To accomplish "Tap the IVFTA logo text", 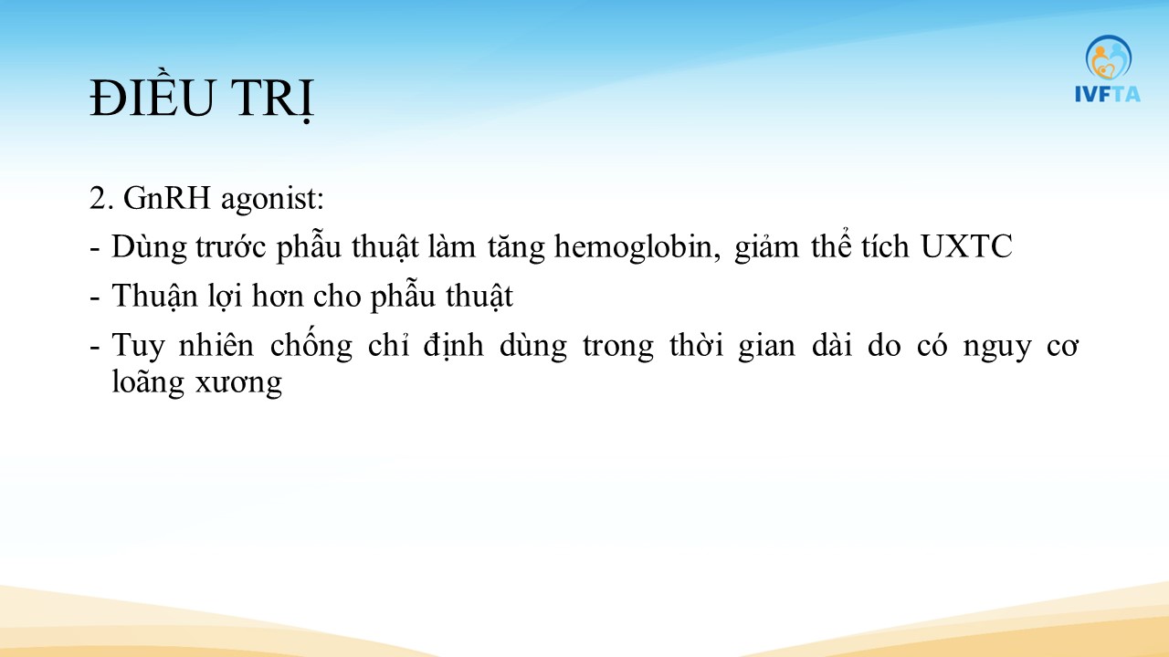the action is (x=1108, y=94).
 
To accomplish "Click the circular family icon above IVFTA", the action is (x=1109, y=57).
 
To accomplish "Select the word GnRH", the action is (x=166, y=198).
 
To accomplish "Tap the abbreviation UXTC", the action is (x=966, y=246).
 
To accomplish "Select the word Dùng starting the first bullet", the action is (x=149, y=246).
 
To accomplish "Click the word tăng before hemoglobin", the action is (x=517, y=247).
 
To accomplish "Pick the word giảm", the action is (x=766, y=247).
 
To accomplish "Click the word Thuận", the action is (x=154, y=297).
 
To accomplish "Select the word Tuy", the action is (x=138, y=346).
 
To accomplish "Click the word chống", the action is (x=311, y=344).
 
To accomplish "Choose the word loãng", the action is (x=148, y=383).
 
